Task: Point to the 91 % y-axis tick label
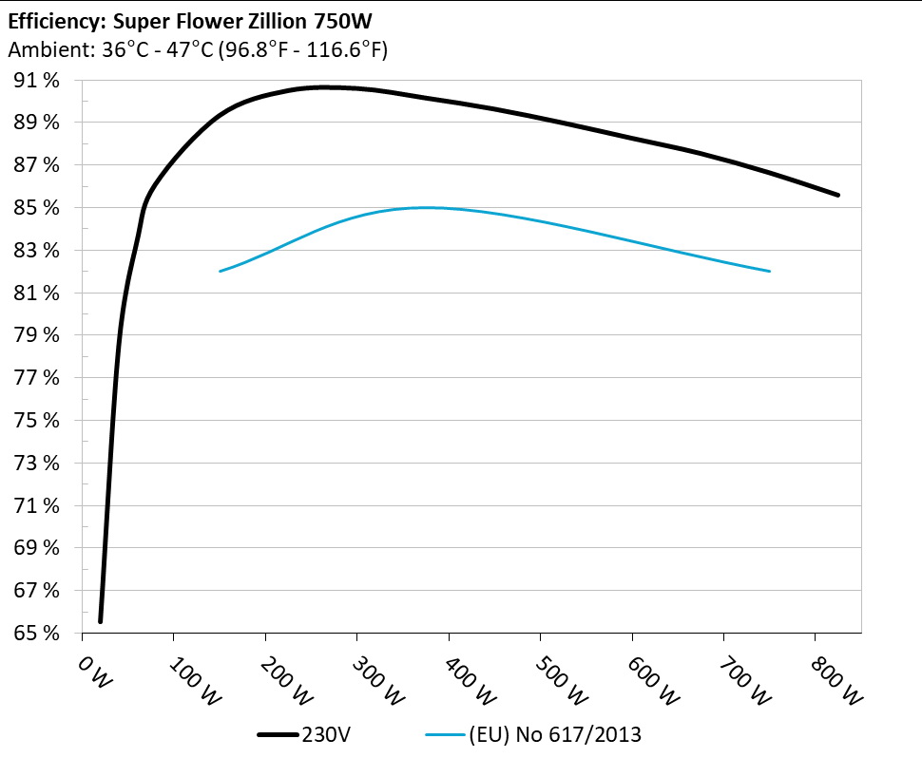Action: point(37,81)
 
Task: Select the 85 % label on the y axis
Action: point(37,208)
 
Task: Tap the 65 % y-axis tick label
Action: point(37,633)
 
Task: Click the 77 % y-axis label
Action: point(37,378)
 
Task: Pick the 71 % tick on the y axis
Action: point(37,505)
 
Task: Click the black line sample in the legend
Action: point(278,734)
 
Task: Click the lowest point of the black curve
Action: point(100,621)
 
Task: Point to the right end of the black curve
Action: point(838,195)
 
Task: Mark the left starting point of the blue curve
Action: point(221,271)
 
